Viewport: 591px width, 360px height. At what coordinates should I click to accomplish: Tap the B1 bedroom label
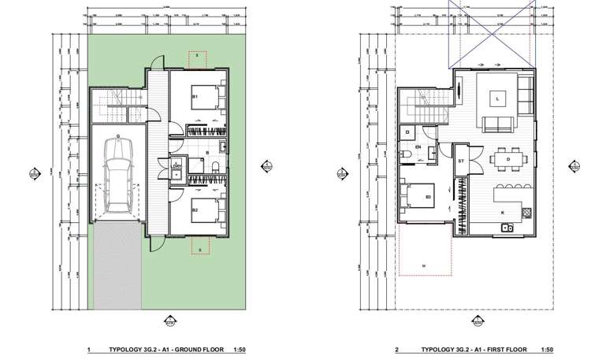(195, 96)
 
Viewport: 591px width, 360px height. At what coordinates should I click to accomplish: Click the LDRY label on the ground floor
(177, 165)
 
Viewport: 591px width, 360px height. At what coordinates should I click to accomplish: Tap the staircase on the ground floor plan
(118, 100)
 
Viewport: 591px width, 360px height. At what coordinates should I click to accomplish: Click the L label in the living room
(498, 98)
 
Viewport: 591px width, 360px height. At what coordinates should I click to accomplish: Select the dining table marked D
(507, 160)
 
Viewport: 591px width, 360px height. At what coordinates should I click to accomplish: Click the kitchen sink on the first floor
(507, 228)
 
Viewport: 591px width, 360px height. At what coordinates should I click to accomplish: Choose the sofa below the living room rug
(495, 123)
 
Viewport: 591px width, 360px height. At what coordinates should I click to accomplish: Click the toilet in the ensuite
(404, 153)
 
